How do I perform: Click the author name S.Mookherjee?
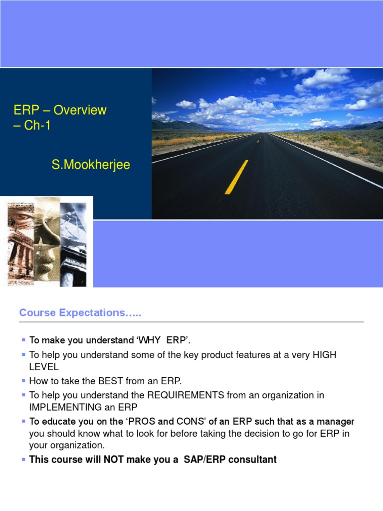coord(91,165)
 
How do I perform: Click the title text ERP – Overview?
coord(60,110)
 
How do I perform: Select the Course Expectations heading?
coord(80,313)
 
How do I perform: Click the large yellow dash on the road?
coord(236,177)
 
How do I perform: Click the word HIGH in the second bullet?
coord(324,355)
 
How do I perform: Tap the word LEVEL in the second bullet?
coord(44,367)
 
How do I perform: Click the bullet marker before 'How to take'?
coord(23,380)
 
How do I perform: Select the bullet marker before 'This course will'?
coord(23,459)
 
